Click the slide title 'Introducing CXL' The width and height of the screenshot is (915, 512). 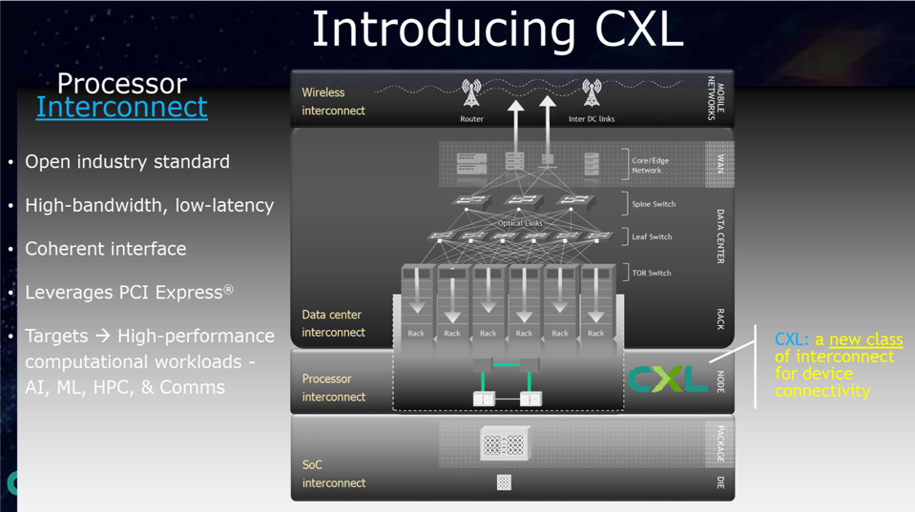tap(497, 30)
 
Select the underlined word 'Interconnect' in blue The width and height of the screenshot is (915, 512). tap(121, 107)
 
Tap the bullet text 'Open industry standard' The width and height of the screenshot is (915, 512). tap(127, 162)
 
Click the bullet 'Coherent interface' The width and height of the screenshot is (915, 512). tap(105, 249)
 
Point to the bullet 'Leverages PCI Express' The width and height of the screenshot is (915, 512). tap(128, 293)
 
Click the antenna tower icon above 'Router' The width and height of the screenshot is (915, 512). tap(471, 93)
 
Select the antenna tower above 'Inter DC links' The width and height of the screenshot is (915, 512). tap(592, 93)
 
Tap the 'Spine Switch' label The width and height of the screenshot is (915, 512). tap(653, 204)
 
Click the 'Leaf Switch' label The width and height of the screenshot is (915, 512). tap(652, 236)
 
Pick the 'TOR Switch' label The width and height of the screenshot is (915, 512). tap(651, 273)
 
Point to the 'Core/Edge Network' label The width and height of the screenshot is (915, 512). tap(650, 165)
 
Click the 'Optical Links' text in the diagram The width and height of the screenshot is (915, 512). tap(520, 223)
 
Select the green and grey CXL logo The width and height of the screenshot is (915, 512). tap(668, 379)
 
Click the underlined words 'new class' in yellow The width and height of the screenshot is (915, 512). tap(865, 339)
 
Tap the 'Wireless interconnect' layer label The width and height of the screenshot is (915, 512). tap(333, 101)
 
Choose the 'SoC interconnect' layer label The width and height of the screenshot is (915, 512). tap(333, 474)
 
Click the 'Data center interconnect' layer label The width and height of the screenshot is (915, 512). tap(333, 323)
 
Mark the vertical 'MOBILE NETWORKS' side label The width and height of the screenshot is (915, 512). tap(716, 98)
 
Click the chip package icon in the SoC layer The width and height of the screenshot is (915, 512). tap(504, 444)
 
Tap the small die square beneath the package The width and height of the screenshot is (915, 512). tap(504, 482)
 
